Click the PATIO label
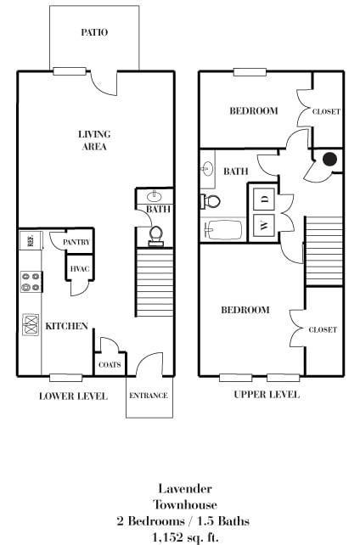[94, 32]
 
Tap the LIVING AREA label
[94, 140]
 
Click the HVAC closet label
[80, 269]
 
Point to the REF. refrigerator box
[29, 241]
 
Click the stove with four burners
[31, 282]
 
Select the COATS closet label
[110, 366]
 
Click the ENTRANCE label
[148, 396]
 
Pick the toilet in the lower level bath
[155, 233]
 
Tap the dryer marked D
[263, 199]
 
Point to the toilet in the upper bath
[211, 201]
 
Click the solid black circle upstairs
[329, 159]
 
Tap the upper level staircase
[323, 243]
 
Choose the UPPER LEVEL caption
[267, 396]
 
